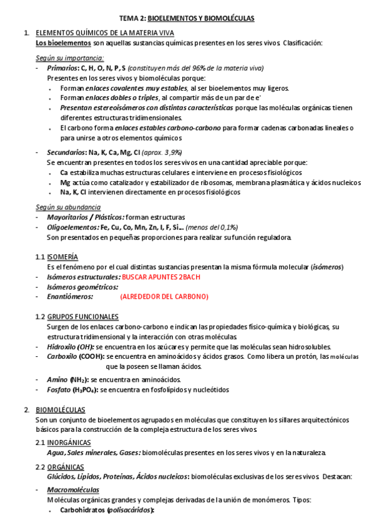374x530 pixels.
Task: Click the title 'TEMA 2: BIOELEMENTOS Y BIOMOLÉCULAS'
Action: (x=187, y=19)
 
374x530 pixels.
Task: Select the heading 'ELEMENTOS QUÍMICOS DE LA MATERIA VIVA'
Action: (x=105, y=32)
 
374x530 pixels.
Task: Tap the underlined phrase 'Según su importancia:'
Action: (x=70, y=58)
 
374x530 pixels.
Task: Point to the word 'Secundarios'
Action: (x=66, y=152)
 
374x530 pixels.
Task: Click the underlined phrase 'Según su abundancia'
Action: (x=68, y=207)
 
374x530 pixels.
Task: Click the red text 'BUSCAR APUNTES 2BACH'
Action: (x=162, y=277)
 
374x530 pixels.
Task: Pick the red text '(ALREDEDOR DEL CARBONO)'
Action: (x=164, y=297)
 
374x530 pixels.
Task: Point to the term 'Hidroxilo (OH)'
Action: (x=70, y=347)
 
